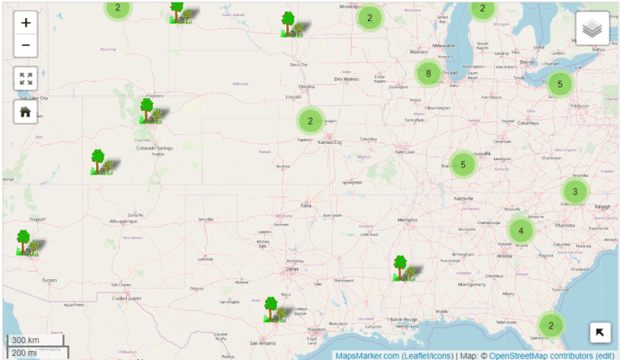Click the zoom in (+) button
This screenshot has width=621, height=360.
[x=26, y=23]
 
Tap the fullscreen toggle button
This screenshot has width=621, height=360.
[x=26, y=78]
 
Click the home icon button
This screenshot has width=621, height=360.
[x=26, y=112]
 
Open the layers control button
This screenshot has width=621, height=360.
[x=593, y=29]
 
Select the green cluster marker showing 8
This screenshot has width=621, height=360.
[x=428, y=74]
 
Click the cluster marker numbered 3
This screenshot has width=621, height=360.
[x=575, y=192]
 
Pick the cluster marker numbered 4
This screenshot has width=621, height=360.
[x=522, y=231]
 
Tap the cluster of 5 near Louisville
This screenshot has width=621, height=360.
[x=463, y=164]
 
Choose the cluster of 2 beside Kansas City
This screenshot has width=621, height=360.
[x=309, y=121]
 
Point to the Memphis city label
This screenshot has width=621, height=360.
[x=407, y=219]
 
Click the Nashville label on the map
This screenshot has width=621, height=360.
[x=463, y=198]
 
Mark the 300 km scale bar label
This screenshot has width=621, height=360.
[x=26, y=340]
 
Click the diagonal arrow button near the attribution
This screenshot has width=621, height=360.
[x=600, y=332]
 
